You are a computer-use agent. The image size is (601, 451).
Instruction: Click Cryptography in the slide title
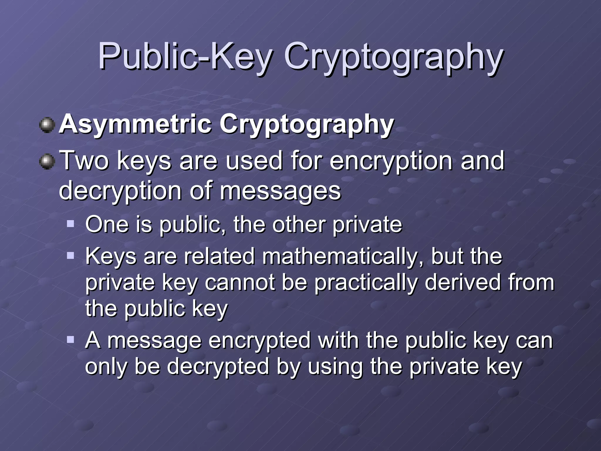[x=393, y=57]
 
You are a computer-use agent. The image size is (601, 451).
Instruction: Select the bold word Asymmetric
[x=135, y=124]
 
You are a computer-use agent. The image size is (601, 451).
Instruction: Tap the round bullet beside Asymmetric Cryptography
[x=47, y=125]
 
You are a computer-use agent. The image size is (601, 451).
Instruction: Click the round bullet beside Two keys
[x=47, y=162]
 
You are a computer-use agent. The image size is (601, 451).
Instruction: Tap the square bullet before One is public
[x=70, y=224]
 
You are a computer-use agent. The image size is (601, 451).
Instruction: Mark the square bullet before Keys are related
[x=70, y=256]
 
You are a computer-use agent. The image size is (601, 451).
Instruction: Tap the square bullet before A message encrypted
[x=70, y=340]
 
